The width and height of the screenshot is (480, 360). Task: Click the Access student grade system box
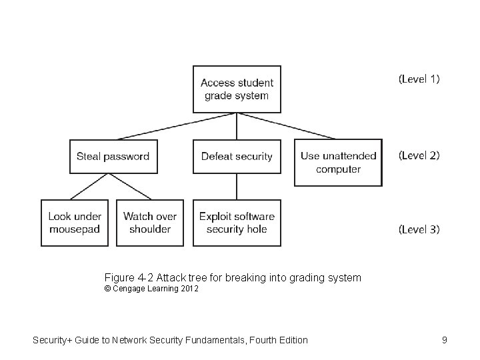click(x=237, y=89)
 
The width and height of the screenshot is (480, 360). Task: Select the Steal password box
click(x=113, y=157)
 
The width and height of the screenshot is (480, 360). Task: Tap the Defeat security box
click(x=237, y=157)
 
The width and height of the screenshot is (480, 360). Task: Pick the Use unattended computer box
click(x=338, y=163)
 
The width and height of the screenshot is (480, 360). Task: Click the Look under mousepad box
click(x=75, y=223)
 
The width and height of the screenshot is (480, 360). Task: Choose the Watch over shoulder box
click(x=150, y=223)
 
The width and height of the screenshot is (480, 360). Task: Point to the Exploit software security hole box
click(x=237, y=223)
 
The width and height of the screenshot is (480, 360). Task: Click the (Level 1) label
click(x=419, y=79)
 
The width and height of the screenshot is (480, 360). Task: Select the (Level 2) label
click(x=419, y=155)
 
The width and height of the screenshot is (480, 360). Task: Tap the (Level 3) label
click(x=419, y=229)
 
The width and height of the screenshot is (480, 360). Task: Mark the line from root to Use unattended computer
click(x=293, y=125)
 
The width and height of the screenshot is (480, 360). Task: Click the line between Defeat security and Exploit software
click(x=237, y=187)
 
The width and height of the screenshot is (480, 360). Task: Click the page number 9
click(x=444, y=340)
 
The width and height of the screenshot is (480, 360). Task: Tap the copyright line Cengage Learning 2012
click(x=151, y=289)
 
